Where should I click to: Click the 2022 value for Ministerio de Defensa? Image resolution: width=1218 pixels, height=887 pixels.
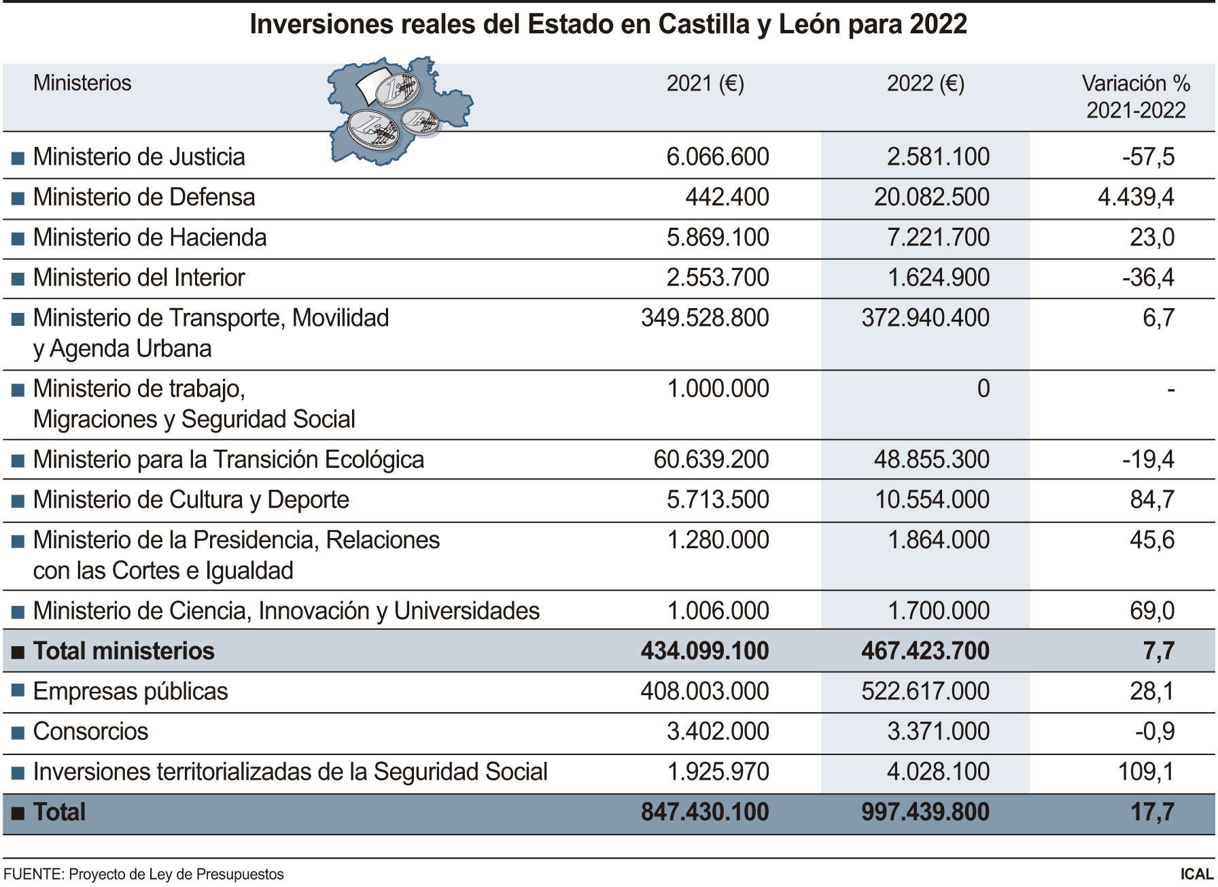coord(931,197)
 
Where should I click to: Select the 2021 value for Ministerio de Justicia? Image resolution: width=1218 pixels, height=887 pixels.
coord(717,157)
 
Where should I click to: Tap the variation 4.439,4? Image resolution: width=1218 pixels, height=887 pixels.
coord(1136,197)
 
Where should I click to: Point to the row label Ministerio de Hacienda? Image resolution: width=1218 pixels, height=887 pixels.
coord(150,237)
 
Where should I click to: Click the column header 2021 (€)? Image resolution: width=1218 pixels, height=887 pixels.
coord(705,84)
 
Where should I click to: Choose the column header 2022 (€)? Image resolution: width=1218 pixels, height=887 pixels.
coord(925,84)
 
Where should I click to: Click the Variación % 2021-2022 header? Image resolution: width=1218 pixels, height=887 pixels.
coord(1136,97)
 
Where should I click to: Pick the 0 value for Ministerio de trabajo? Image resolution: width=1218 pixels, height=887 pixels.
coord(983,388)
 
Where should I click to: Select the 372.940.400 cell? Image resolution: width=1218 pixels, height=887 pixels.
coord(925,318)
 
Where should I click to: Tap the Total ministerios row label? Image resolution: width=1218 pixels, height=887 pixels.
coord(124,651)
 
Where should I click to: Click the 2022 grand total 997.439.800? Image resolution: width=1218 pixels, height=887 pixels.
coord(925,812)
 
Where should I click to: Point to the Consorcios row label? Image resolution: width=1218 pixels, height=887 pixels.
coord(90,732)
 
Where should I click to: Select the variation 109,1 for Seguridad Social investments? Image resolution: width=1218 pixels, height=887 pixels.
coord(1146,772)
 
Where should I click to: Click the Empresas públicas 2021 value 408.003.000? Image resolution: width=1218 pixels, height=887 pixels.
coord(704,691)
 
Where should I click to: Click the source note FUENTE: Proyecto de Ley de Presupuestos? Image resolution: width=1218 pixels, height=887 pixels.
coord(143,875)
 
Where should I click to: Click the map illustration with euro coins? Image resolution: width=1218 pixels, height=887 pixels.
coord(398,110)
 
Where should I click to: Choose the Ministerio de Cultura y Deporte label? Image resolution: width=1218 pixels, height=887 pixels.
coord(191,500)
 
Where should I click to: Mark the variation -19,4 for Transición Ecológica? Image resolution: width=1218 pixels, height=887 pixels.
coord(1148,460)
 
